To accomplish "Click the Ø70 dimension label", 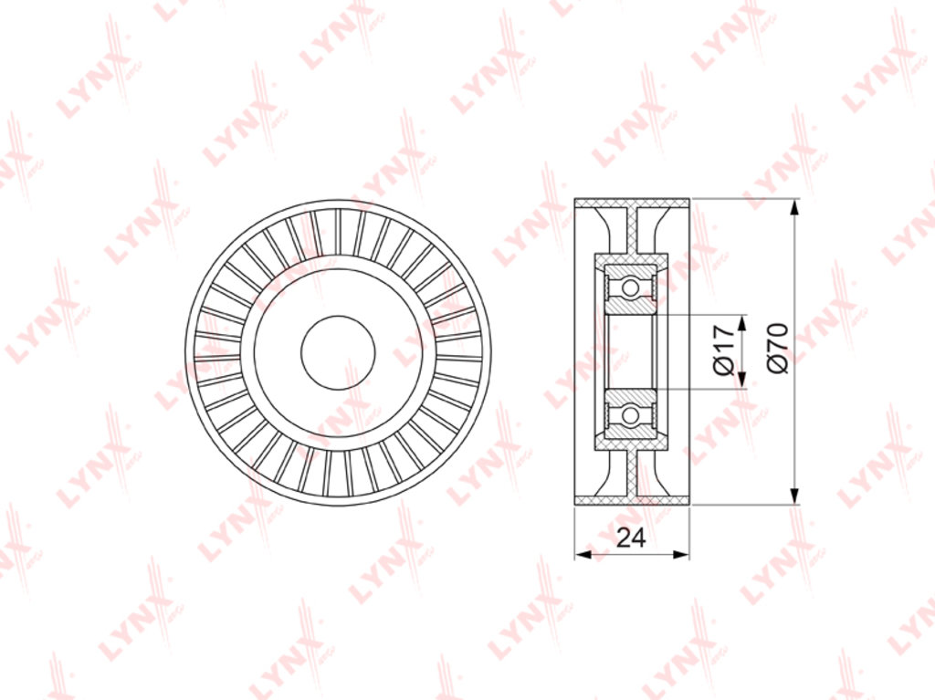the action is pyautogui.click(x=778, y=349).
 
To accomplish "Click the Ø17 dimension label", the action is pyautogui.click(x=722, y=350).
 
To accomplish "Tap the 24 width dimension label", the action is pyautogui.click(x=631, y=538).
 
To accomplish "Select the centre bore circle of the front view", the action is pyautogui.click(x=338, y=353).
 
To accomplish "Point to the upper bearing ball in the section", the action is pyautogui.click(x=630, y=288).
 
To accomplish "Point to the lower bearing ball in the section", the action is pyautogui.click(x=630, y=413).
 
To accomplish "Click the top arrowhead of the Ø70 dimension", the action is pyautogui.click(x=793, y=209).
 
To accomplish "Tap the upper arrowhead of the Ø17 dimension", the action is pyautogui.click(x=741, y=323).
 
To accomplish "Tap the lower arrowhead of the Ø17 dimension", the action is pyautogui.click(x=741, y=381).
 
